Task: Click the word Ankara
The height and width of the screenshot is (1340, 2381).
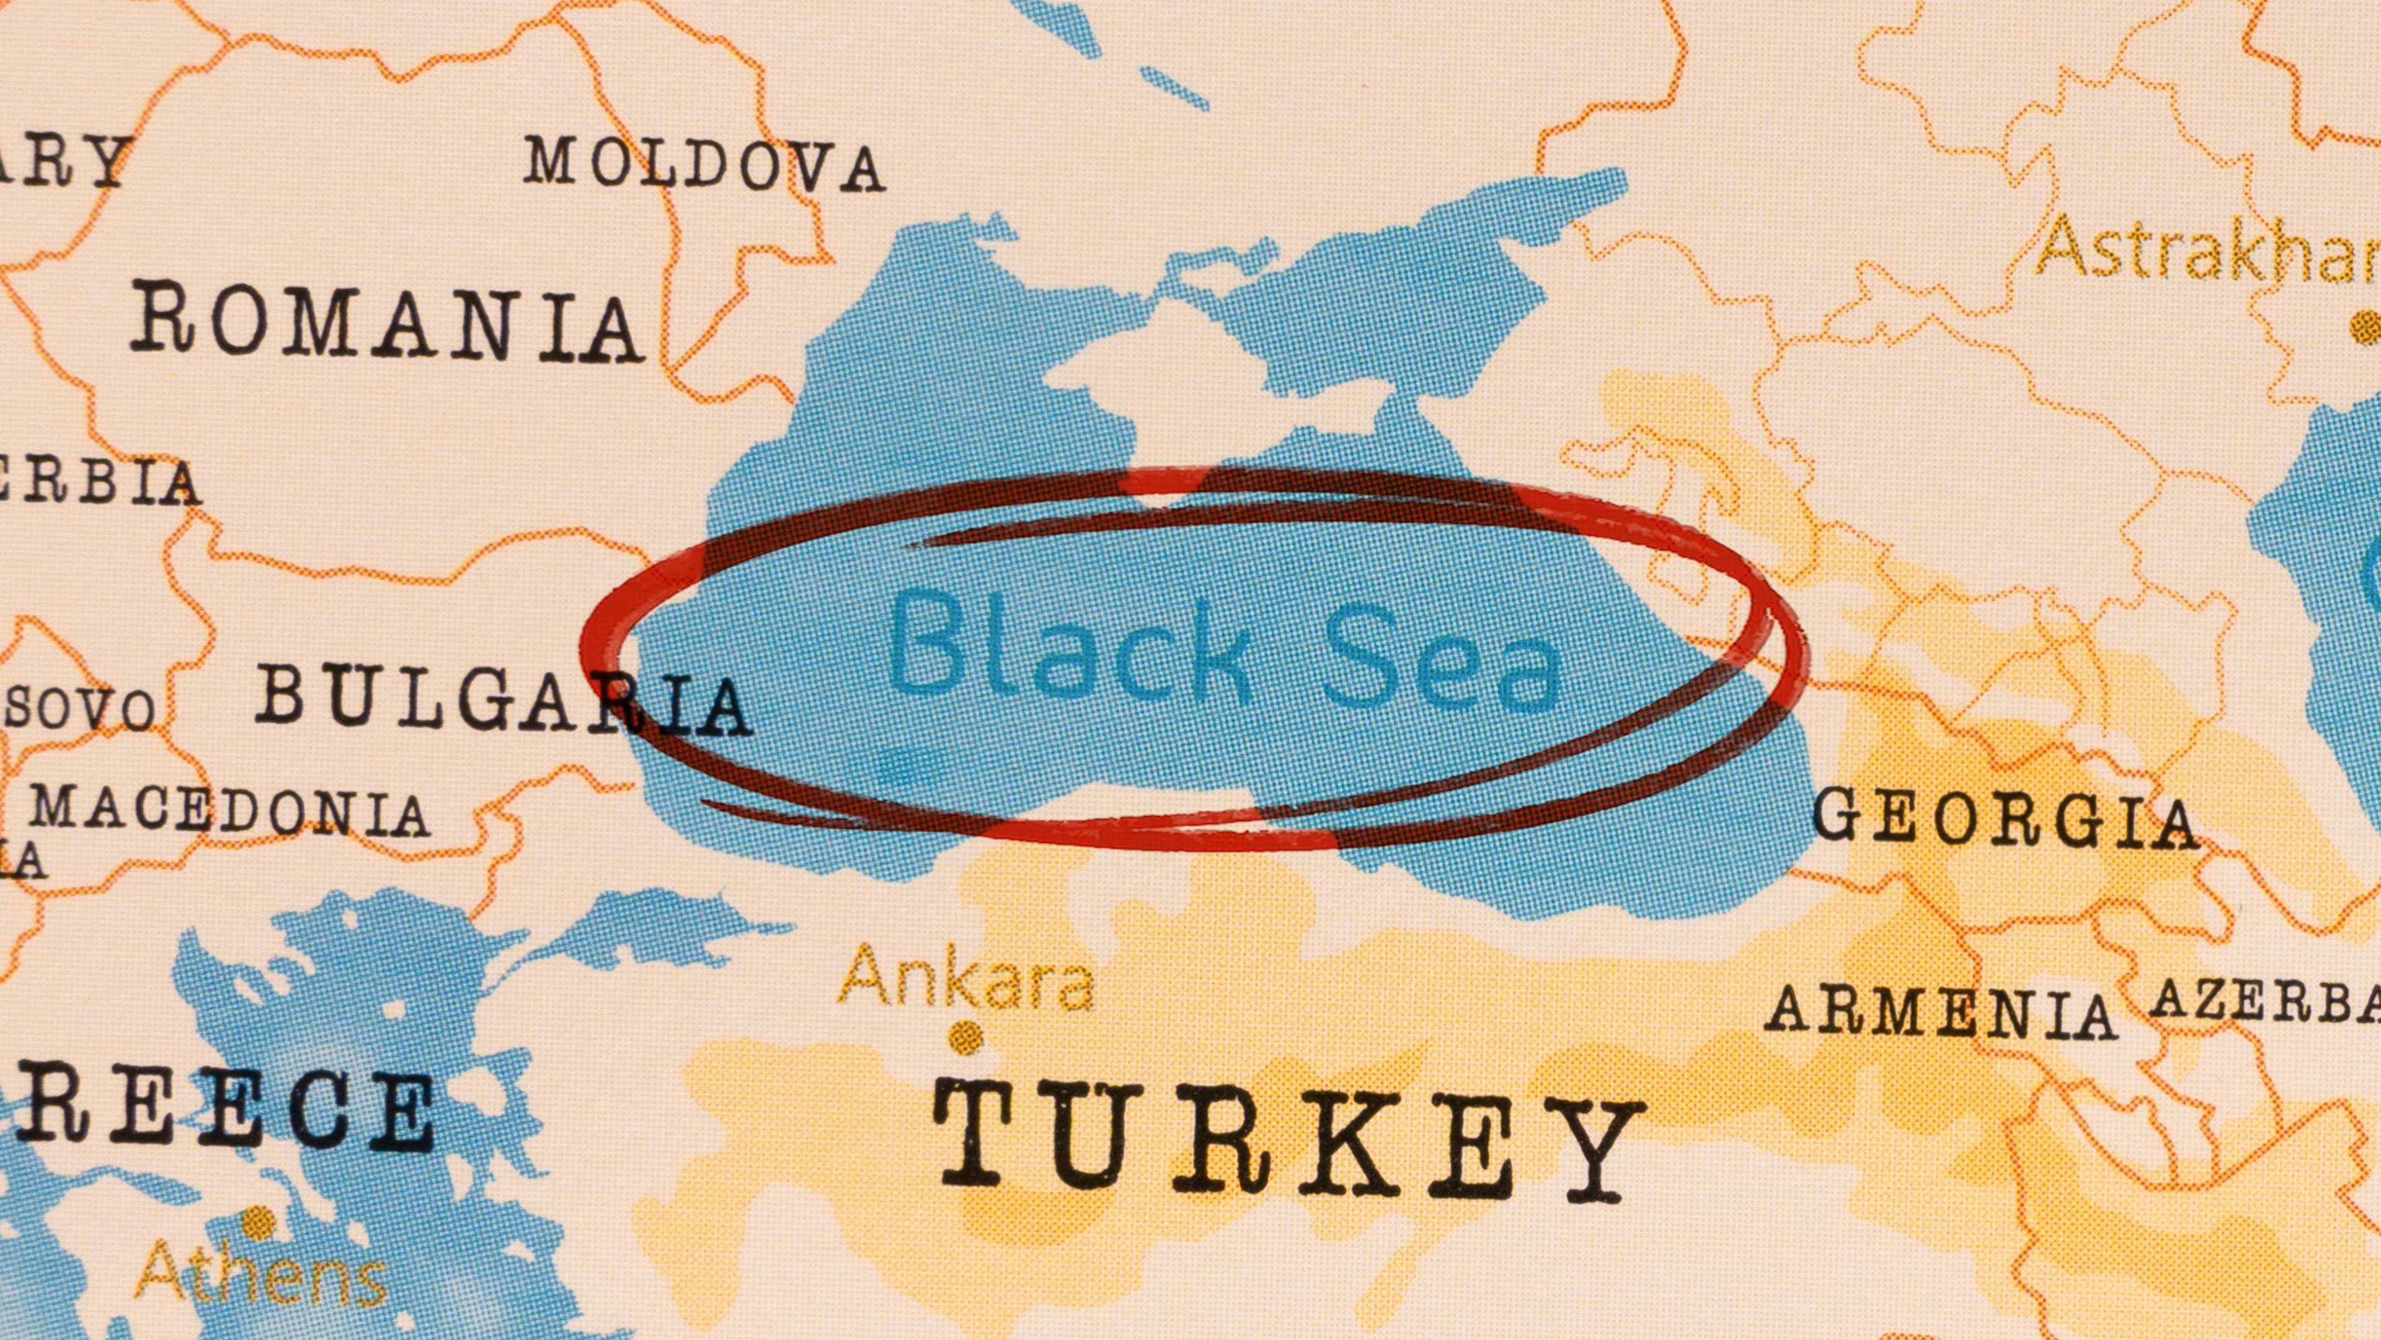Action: point(966,978)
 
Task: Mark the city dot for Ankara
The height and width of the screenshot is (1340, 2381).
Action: point(967,1035)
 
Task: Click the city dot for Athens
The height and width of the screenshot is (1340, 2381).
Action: point(260,1222)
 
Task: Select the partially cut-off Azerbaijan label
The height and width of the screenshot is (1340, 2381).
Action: point(2264,1001)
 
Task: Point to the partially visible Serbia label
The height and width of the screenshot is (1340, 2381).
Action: point(97,482)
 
